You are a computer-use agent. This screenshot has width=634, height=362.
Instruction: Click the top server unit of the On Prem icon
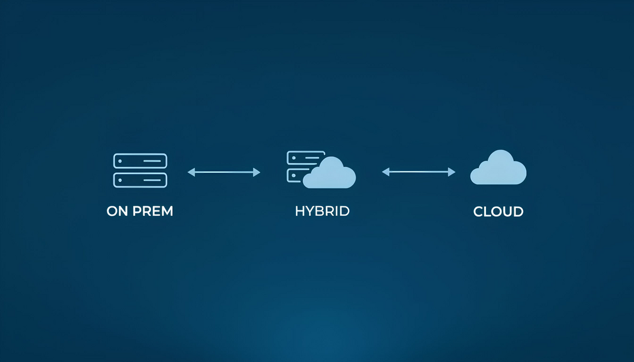(140, 160)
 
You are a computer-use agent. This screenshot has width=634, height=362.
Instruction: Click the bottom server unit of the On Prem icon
(140, 180)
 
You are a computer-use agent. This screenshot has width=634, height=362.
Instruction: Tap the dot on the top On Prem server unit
(120, 160)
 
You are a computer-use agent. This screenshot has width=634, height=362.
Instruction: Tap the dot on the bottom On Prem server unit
(120, 180)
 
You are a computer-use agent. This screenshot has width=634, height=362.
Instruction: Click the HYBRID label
(322, 211)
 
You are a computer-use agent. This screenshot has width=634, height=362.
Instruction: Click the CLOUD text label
(498, 211)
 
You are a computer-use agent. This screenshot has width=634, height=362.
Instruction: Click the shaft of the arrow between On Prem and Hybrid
(224, 172)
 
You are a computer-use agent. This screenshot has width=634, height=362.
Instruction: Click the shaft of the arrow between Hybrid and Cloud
(419, 172)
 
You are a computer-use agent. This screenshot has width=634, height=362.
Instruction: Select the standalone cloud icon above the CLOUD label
(498, 169)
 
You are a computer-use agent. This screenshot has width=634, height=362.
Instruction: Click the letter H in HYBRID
(299, 211)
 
